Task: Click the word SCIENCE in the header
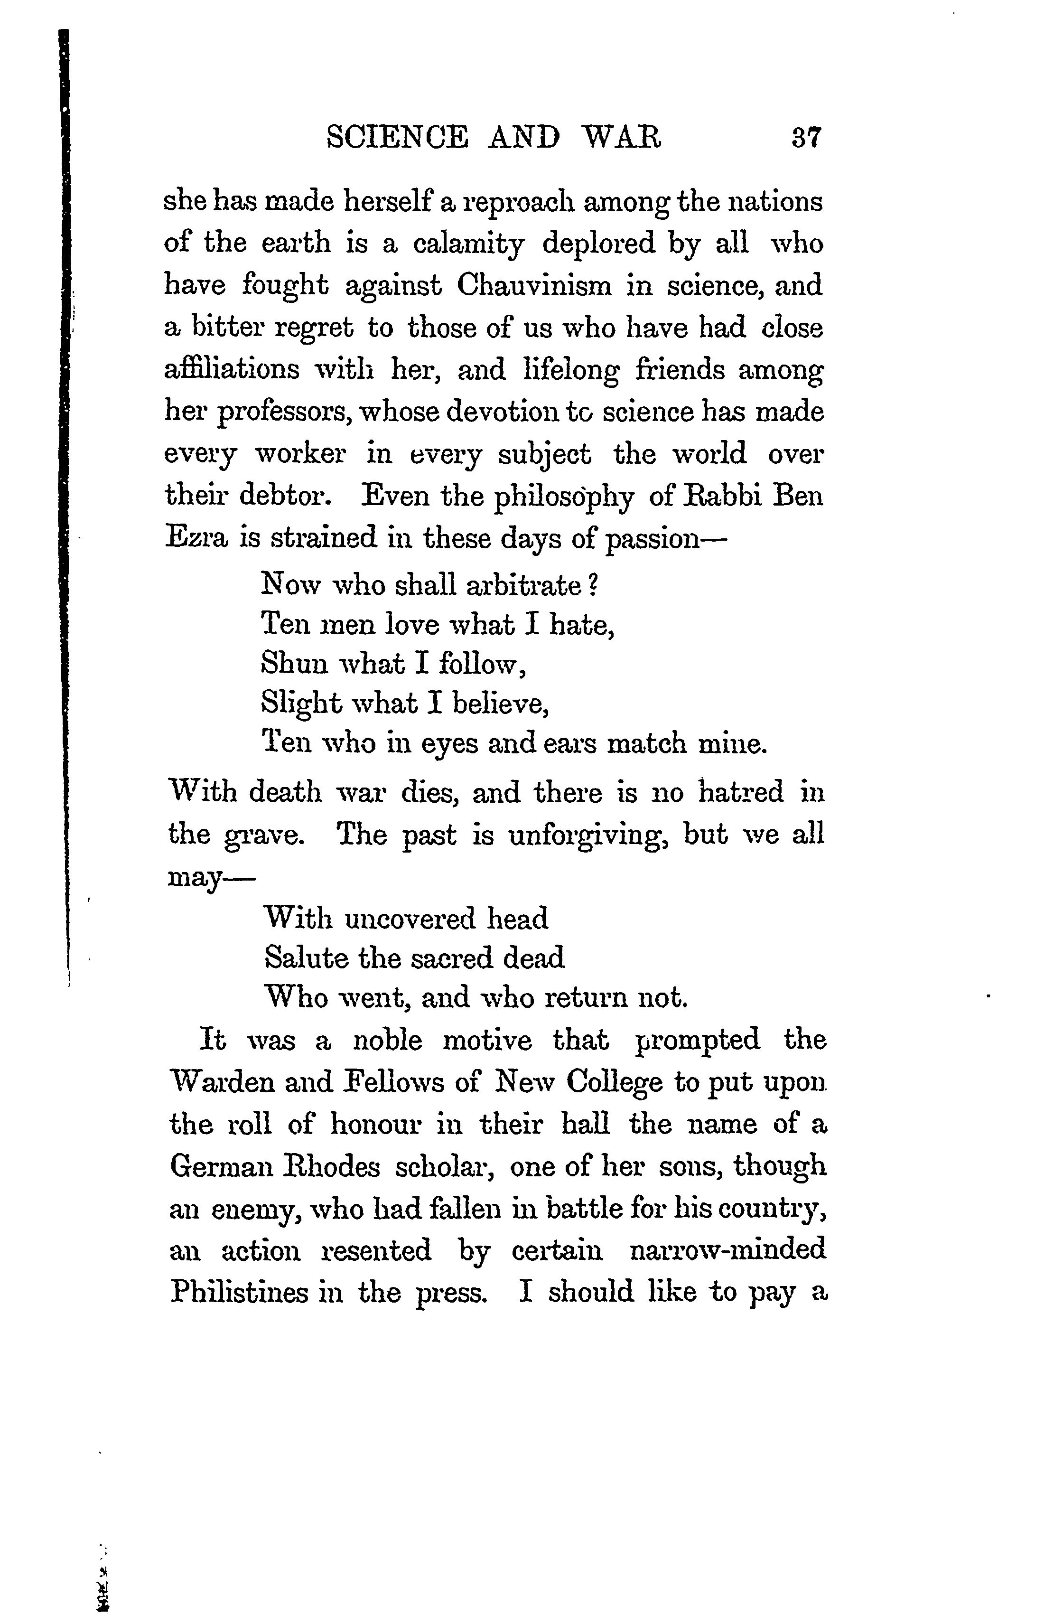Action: (x=397, y=138)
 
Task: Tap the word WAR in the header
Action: (x=622, y=138)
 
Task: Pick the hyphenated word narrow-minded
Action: (x=727, y=1250)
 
